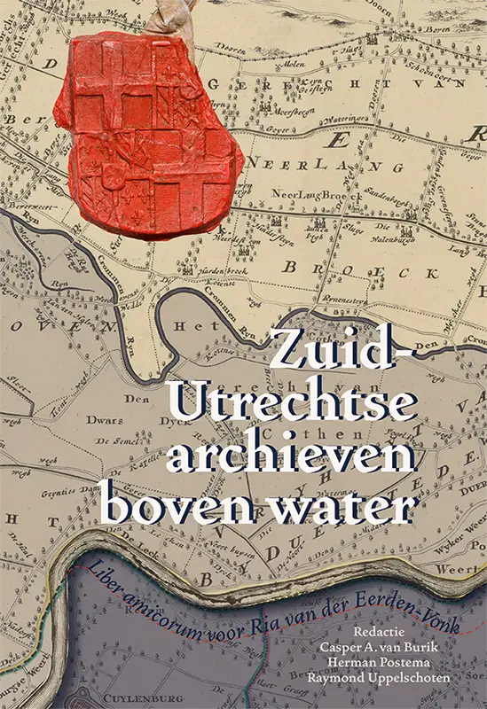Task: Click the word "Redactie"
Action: (x=382, y=632)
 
